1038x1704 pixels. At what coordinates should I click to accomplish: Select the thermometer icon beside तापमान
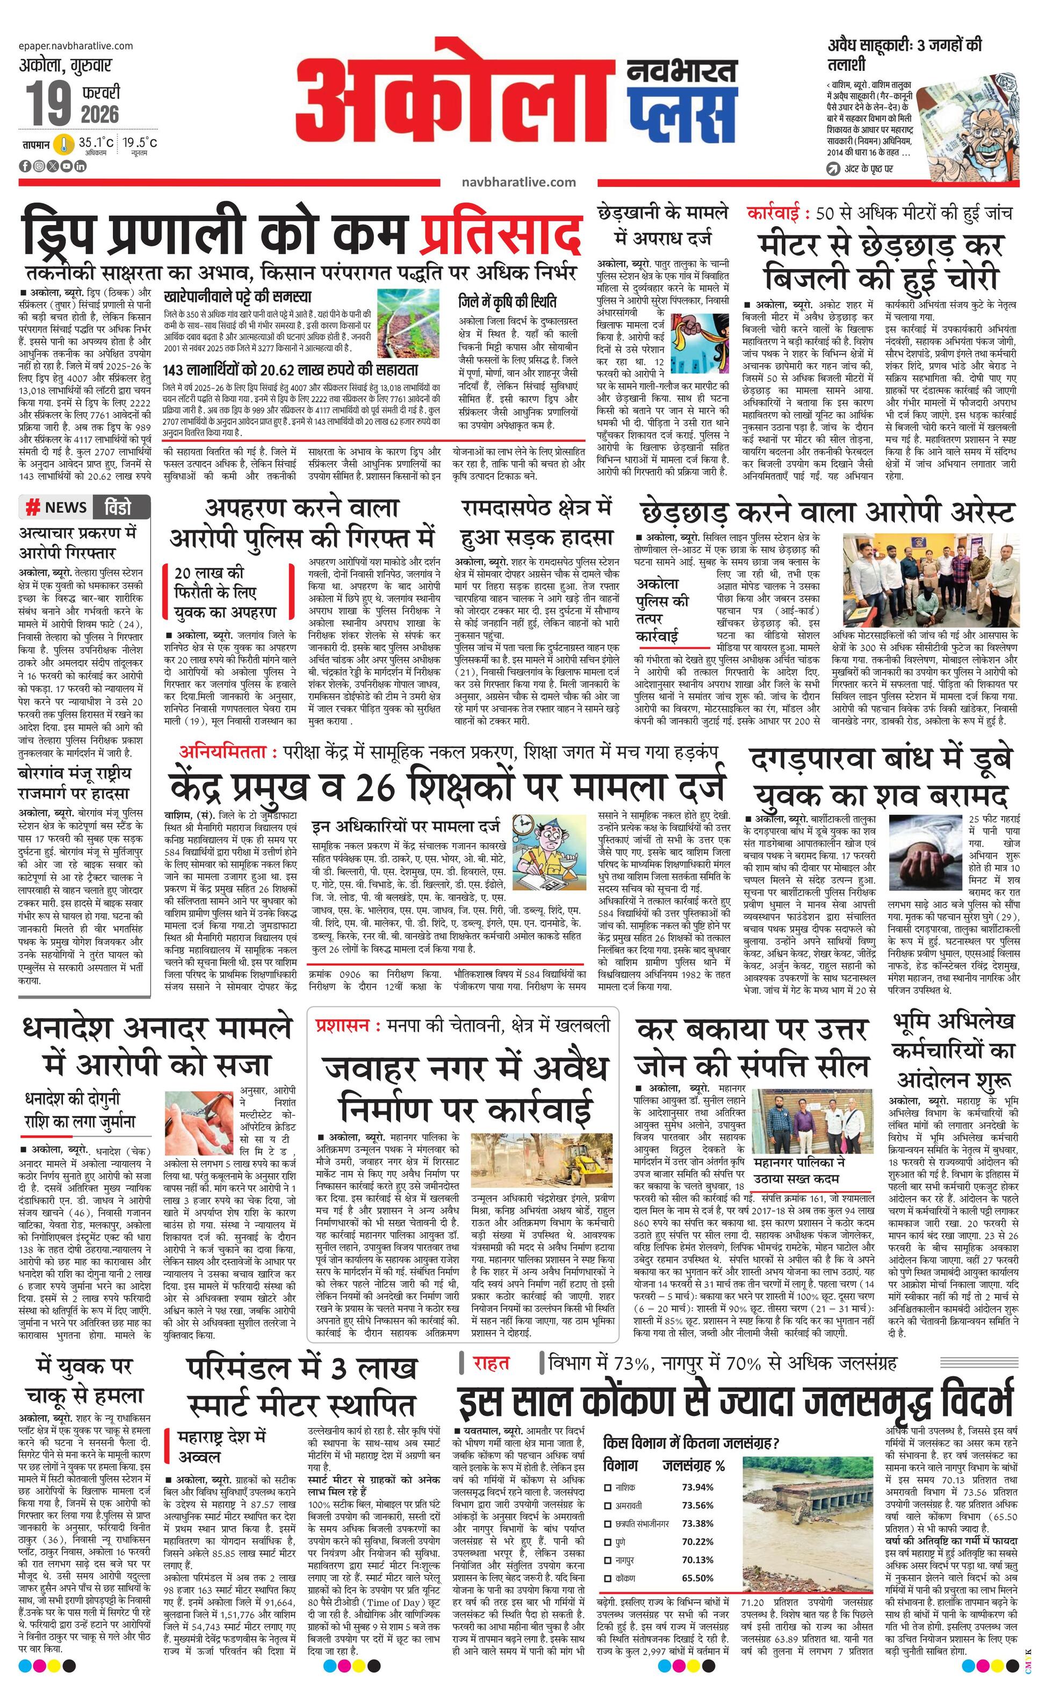click(64, 145)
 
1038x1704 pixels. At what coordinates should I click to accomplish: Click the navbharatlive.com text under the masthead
click(518, 182)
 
